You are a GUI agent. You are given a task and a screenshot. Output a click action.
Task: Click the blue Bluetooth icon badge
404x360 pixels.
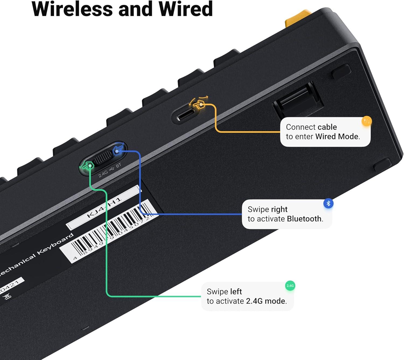tap(328, 203)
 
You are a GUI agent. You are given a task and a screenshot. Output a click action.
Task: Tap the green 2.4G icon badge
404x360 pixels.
tap(290, 285)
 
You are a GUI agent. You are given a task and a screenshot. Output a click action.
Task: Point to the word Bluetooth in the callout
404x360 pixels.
tap(304, 219)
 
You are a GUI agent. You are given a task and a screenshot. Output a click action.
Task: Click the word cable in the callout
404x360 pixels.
tap(327, 127)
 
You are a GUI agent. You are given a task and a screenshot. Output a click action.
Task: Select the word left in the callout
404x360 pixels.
tap(236, 291)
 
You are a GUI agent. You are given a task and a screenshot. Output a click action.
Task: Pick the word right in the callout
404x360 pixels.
tap(279, 209)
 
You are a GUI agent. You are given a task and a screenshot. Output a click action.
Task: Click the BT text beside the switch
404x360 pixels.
tap(119, 166)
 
